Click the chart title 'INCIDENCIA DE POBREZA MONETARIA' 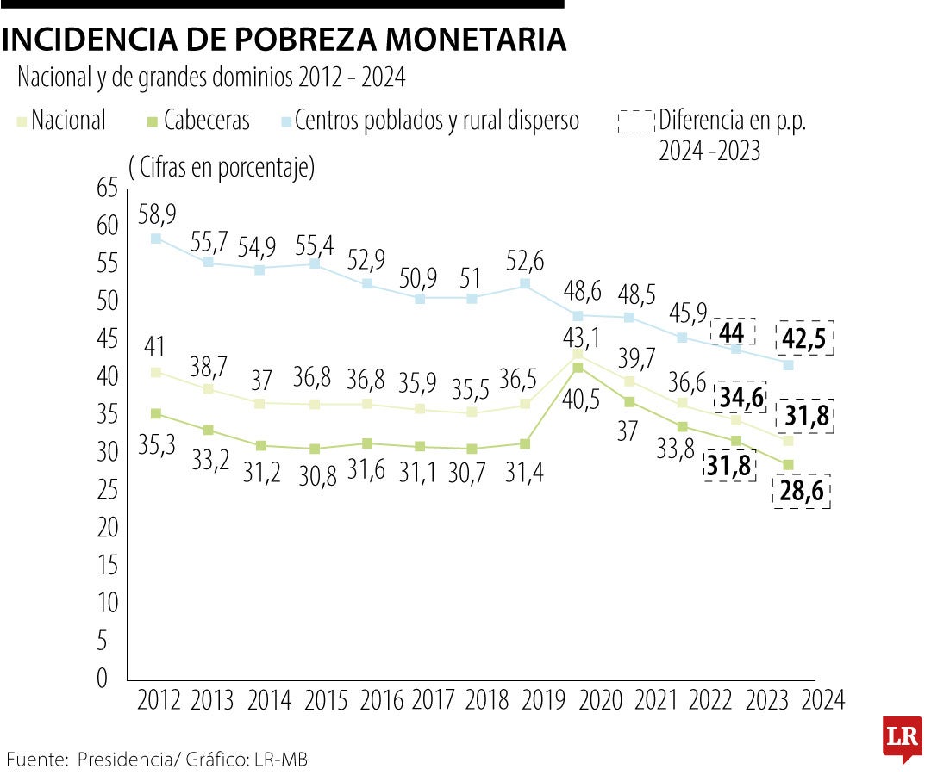[x=284, y=40]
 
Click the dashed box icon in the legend [x=636, y=121]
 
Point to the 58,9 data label [x=157, y=211]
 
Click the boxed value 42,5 [x=803, y=338]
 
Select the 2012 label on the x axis [x=158, y=700]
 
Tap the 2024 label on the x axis [x=822, y=700]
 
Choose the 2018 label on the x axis [x=487, y=700]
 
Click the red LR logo [x=903, y=738]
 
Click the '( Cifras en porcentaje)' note [x=222, y=167]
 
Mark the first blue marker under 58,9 [x=156, y=239]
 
